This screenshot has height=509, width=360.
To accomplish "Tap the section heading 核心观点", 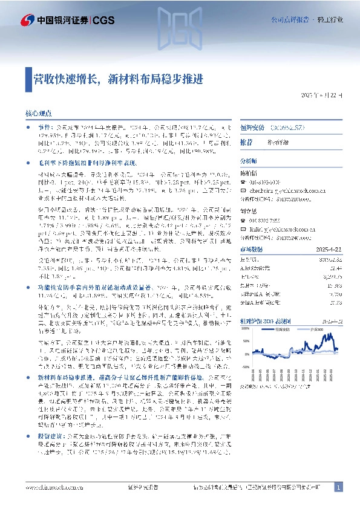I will click(x=38, y=113).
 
